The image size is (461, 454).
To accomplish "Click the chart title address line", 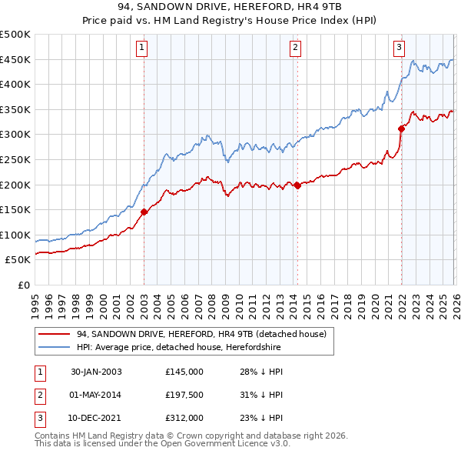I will click(x=230, y=8).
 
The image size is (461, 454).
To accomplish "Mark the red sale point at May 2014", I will click(x=297, y=185).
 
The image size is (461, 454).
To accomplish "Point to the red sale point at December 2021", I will click(x=401, y=129).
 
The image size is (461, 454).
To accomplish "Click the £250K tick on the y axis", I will click(x=16, y=159).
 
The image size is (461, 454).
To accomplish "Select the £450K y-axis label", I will click(x=16, y=59).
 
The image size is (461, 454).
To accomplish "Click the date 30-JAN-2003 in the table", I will click(x=96, y=371).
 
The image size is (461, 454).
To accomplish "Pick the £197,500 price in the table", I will click(x=184, y=395).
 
